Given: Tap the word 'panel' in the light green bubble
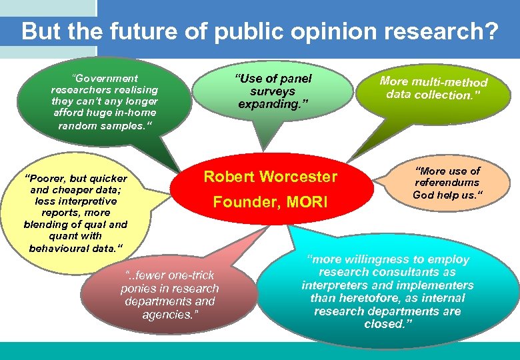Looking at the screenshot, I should [x=294, y=79].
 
